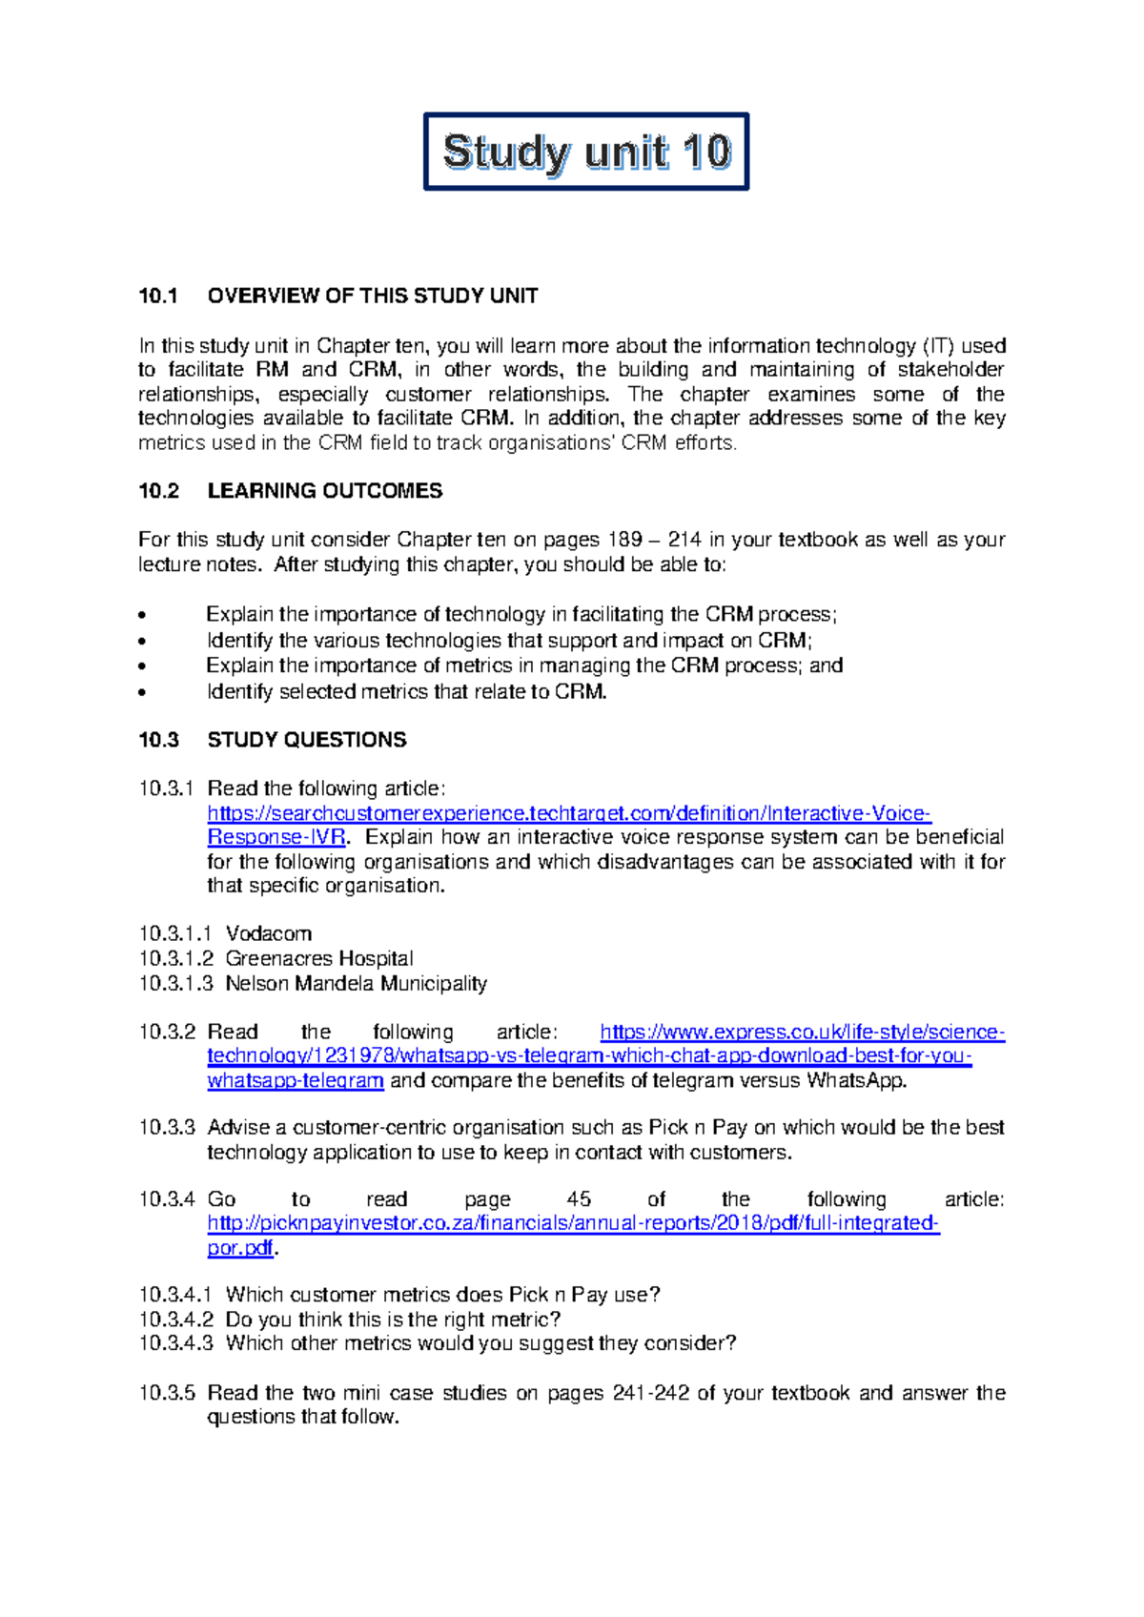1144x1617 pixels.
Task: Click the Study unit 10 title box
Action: pos(585,152)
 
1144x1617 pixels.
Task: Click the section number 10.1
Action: pos(158,296)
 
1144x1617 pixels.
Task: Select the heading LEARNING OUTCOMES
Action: pos(324,491)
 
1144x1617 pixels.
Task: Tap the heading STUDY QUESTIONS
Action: pos(307,740)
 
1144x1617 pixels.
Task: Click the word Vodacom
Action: pos(269,933)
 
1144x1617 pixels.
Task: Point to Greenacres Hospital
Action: pos(319,958)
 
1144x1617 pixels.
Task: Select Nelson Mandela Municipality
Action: pos(356,983)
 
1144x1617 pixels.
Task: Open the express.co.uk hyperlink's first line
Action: pos(802,1032)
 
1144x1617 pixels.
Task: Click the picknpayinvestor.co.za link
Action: pos(573,1223)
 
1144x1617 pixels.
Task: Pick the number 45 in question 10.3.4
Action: pos(579,1199)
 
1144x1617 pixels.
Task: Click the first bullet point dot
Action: pos(143,616)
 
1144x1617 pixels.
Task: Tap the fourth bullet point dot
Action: pos(143,693)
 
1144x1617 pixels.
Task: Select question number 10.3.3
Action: pos(167,1128)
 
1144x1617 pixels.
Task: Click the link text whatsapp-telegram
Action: pos(296,1080)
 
